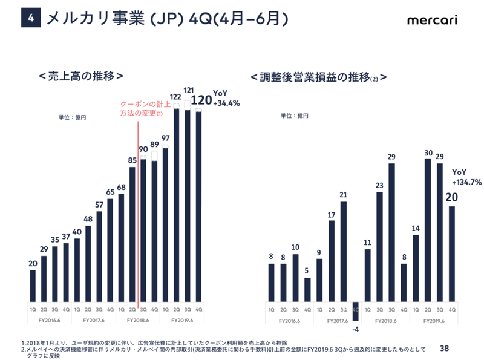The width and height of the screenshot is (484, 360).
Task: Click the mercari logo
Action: (x=432, y=19)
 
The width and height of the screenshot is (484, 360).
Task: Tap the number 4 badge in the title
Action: (x=31, y=19)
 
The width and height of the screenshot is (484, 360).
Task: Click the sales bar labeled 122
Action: (x=177, y=206)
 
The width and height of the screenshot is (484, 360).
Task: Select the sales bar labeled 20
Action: (x=33, y=286)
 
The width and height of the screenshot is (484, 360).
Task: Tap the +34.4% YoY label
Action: (x=226, y=103)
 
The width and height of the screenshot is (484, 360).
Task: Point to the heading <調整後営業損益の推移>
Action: (x=318, y=77)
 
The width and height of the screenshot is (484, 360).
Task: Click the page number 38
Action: (x=445, y=348)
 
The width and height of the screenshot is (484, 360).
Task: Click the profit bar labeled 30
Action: (x=428, y=230)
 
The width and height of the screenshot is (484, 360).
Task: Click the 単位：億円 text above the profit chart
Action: (x=293, y=116)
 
